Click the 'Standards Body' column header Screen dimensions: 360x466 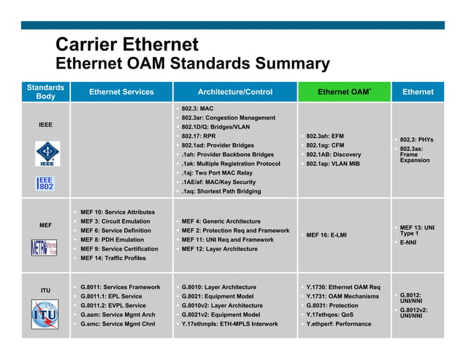coord(45,92)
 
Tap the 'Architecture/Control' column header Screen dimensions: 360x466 coord(235,92)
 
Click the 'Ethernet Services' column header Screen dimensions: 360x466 coord(121,92)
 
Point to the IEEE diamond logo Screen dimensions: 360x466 coord(45,154)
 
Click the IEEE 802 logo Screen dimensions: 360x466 coord(45,183)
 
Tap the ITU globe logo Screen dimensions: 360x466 coord(45,315)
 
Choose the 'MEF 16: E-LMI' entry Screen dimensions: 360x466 coord(326,235)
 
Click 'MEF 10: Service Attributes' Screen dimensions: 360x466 coord(117,212)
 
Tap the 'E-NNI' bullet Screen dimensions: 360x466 coord(408,242)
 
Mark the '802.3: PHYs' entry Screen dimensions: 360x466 coord(416,139)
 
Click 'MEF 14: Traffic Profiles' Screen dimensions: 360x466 coord(112,258)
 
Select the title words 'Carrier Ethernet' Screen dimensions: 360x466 coord(127,45)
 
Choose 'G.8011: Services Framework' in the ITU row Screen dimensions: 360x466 coord(120,287)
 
